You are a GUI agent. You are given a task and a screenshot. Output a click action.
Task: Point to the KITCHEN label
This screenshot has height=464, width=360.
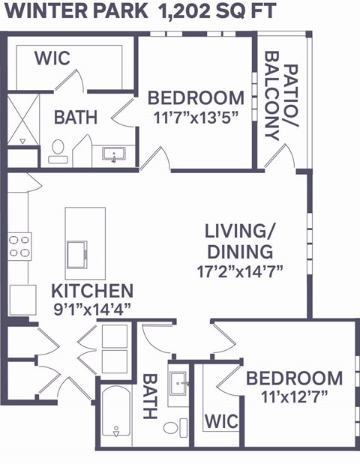(x=92, y=291)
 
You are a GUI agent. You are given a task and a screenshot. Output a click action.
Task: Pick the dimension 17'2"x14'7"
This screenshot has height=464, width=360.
(x=240, y=271)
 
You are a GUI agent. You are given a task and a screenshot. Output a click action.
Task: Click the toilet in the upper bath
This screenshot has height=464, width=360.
(x=57, y=151)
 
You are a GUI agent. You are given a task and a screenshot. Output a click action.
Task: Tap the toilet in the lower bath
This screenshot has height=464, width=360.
(x=171, y=428)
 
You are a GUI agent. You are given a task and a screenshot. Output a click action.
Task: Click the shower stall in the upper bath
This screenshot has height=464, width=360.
(x=22, y=118)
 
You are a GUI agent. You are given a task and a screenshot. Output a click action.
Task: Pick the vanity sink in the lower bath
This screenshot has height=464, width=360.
(x=178, y=385)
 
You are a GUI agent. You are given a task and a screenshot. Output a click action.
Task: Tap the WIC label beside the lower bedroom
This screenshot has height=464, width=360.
(x=221, y=422)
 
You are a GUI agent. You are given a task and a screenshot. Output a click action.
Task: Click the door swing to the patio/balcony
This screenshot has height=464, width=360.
(x=277, y=157)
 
